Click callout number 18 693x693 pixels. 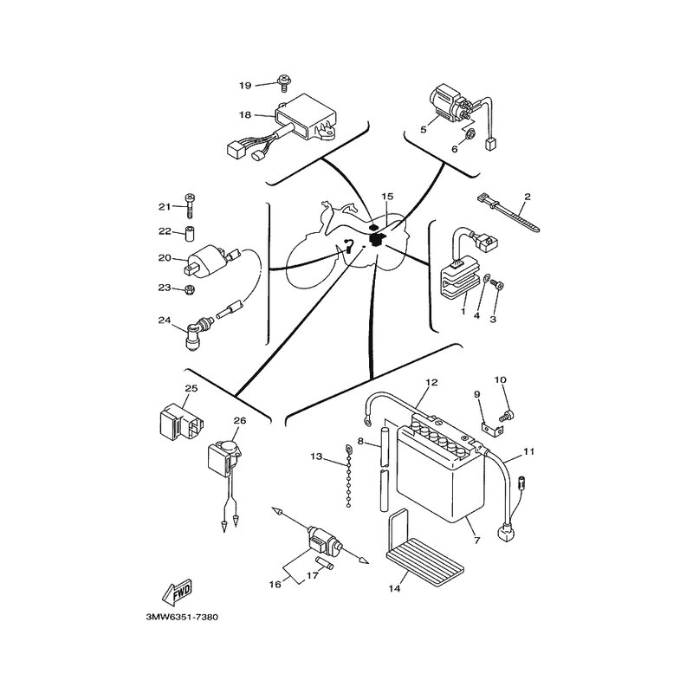click(245, 113)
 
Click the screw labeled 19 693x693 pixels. click(285, 83)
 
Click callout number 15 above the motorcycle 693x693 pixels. click(387, 198)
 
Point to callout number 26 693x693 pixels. click(240, 421)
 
